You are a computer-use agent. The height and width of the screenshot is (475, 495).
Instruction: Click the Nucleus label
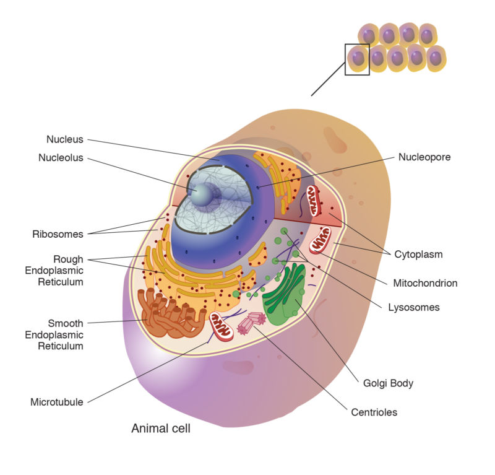click(x=65, y=139)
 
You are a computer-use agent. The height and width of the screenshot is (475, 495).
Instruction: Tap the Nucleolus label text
click(x=61, y=158)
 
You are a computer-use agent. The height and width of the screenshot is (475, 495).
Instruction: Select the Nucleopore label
click(x=424, y=157)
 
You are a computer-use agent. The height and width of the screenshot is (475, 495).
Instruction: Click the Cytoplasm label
click(x=419, y=254)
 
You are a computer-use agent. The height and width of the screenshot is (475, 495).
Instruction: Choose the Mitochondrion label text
click(x=425, y=283)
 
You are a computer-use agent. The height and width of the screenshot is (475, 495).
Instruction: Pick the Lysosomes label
click(x=414, y=307)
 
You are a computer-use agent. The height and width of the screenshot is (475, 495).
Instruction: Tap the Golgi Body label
click(x=388, y=383)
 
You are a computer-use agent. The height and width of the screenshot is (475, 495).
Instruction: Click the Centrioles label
click(x=374, y=412)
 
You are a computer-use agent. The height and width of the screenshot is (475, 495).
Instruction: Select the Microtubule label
click(x=57, y=402)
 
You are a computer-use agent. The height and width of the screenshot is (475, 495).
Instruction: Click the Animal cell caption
click(x=161, y=428)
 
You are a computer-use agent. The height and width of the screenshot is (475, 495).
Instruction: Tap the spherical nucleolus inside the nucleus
click(x=202, y=194)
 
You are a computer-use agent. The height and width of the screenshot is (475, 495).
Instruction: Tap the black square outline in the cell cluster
click(x=357, y=59)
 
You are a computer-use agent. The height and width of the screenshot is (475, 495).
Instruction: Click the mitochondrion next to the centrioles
click(x=221, y=326)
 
